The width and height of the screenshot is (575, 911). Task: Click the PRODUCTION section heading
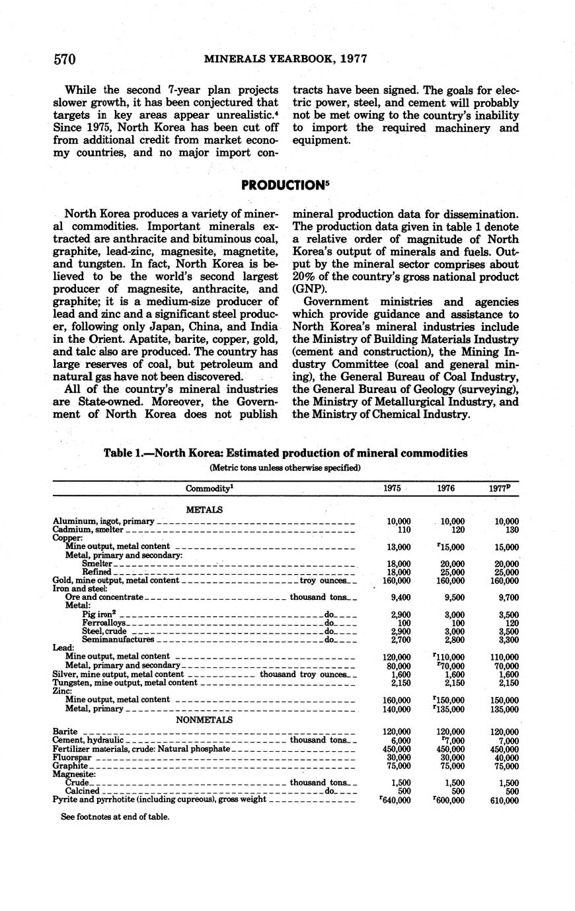[x=285, y=186]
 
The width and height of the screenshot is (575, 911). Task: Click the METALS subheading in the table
[x=204, y=509]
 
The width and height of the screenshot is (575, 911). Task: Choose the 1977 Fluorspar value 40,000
[x=506, y=757]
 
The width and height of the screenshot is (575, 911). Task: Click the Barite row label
[x=65, y=731]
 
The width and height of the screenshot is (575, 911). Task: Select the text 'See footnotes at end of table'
[x=114, y=817]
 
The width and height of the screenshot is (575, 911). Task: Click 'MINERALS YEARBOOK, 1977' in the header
[x=286, y=59]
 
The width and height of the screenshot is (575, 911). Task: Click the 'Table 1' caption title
[x=286, y=453]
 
